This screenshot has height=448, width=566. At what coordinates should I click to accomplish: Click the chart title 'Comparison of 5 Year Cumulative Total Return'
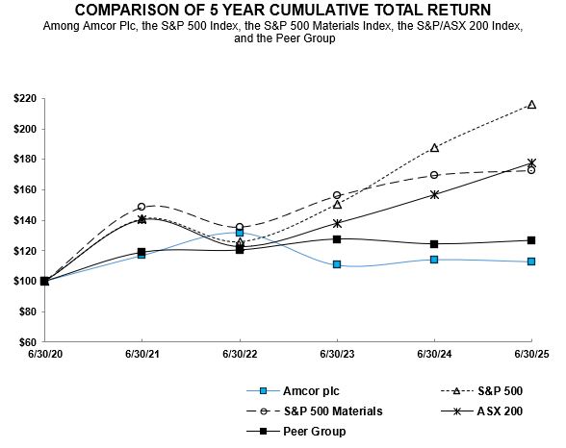point(282,11)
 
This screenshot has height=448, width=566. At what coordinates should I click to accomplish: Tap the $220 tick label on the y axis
point(22,99)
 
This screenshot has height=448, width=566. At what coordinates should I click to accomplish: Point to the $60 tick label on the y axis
point(24,342)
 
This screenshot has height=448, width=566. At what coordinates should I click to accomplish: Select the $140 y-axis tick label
point(22,220)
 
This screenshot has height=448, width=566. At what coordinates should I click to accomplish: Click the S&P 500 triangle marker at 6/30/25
point(531,105)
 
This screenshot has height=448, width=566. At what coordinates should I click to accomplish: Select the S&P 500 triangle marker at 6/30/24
point(434,148)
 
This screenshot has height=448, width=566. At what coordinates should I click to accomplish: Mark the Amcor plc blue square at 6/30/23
point(337,264)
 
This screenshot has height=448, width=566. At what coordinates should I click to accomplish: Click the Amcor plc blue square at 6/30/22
point(240,233)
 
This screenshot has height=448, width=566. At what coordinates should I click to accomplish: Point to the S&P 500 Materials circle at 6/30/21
point(141,207)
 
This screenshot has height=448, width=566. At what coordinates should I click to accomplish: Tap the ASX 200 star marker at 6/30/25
point(531,163)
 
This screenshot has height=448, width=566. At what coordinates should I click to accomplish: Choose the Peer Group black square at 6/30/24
point(434,244)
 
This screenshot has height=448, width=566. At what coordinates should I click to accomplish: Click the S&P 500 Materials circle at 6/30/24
point(434,175)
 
